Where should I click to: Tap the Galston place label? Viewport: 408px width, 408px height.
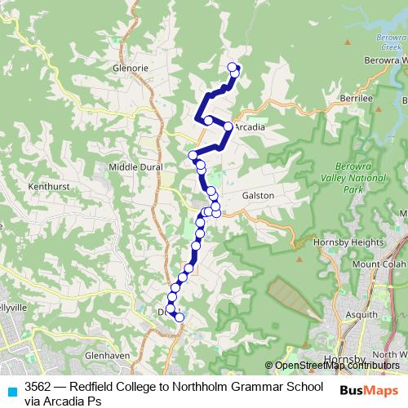click(x=257, y=196)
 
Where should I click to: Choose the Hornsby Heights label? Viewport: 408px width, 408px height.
click(x=357, y=242)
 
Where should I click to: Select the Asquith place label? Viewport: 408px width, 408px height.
click(x=361, y=314)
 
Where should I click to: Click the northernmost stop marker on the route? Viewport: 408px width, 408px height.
click(x=232, y=67)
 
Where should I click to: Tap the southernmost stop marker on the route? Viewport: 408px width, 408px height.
click(x=180, y=317)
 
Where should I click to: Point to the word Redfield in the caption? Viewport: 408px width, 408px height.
click(x=91, y=387)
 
